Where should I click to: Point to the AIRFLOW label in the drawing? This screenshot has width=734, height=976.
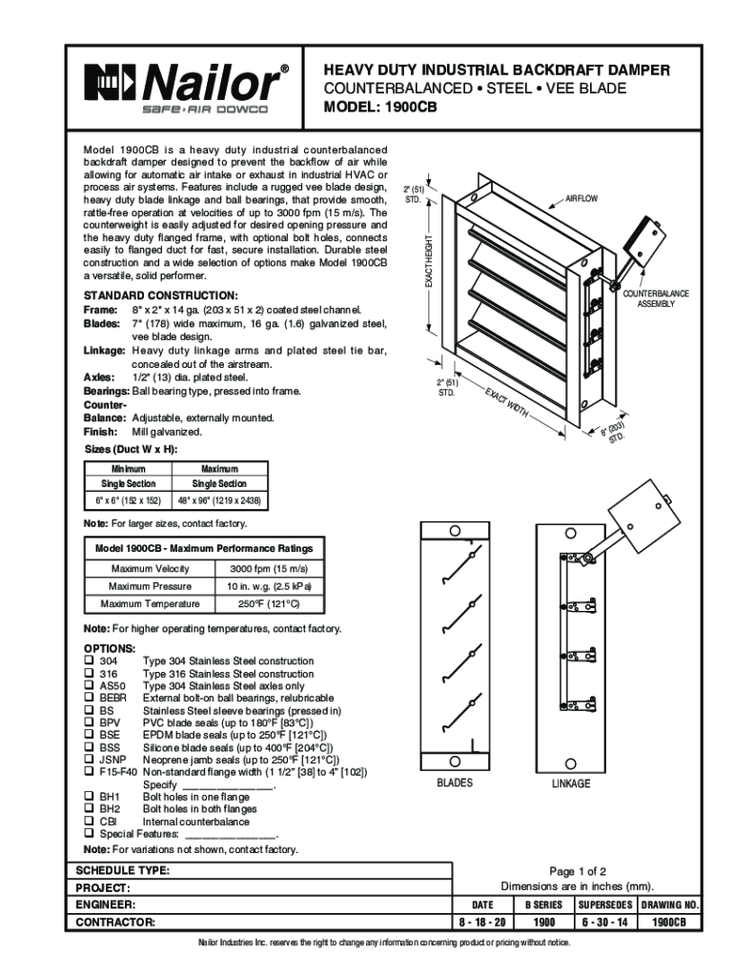point(581,197)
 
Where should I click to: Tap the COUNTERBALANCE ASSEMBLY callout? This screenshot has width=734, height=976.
point(656,298)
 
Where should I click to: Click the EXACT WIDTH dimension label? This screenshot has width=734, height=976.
point(504,406)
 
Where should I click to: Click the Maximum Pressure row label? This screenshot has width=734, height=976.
point(150,586)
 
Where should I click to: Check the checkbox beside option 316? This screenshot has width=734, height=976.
point(89,674)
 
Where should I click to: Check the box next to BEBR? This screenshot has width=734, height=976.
point(89,699)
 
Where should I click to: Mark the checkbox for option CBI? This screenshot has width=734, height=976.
point(89,822)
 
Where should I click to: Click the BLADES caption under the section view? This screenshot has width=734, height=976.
point(454,783)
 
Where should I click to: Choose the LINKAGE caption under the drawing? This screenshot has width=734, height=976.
point(570,783)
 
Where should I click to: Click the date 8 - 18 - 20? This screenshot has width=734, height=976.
point(482,923)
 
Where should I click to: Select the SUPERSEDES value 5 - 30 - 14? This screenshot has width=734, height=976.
point(607,923)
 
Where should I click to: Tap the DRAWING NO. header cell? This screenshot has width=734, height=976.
point(670,905)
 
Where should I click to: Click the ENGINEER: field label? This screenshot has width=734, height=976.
point(106,905)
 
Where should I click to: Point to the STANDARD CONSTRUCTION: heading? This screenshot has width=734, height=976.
point(160,295)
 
